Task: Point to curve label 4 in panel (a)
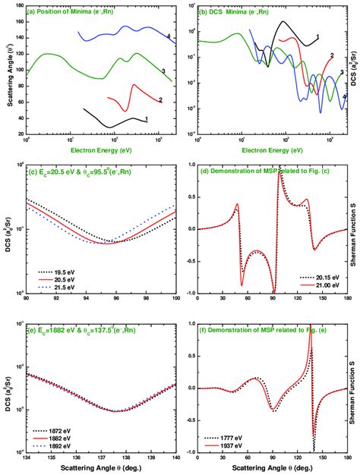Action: pos(169,36)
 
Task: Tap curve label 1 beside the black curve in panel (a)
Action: pos(145,118)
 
